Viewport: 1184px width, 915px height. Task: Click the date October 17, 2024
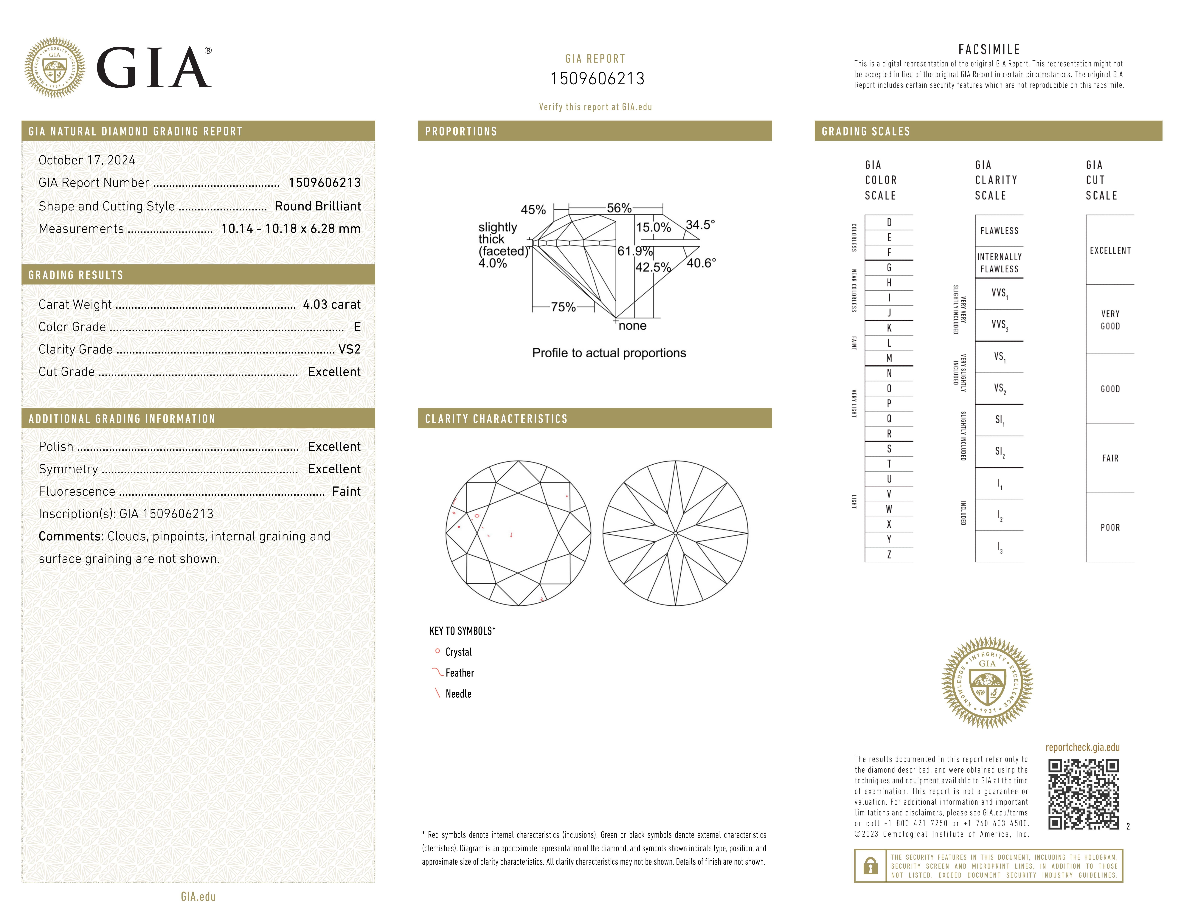[x=87, y=160]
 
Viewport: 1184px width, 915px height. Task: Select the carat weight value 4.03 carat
[x=331, y=305]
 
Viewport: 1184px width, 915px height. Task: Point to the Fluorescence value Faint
[x=346, y=492]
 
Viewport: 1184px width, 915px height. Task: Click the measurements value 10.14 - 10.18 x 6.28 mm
[x=291, y=229]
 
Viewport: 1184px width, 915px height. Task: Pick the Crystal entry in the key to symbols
[x=458, y=652]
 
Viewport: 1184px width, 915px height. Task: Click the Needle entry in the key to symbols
[x=458, y=694]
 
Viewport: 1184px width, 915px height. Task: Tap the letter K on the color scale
[x=889, y=328]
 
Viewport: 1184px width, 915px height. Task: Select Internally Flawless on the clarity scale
[x=999, y=263]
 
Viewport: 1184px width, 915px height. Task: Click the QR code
[x=1083, y=794]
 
